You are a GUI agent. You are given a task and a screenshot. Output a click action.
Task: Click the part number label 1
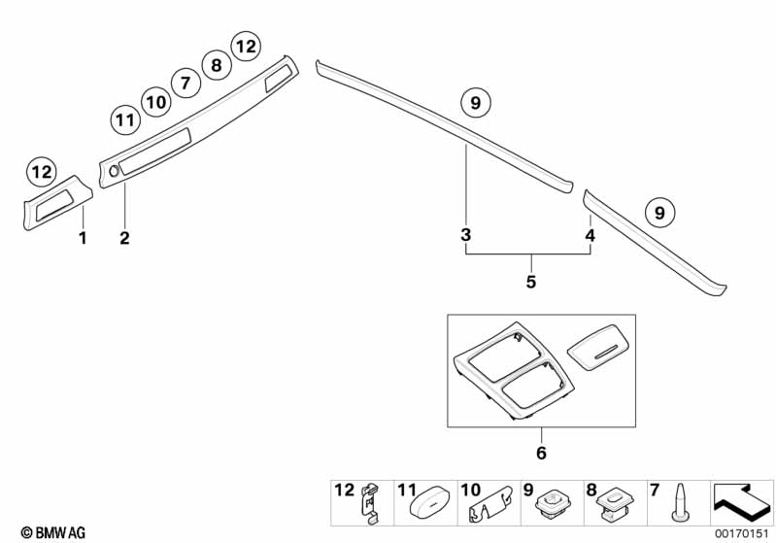pyautogui.click(x=83, y=238)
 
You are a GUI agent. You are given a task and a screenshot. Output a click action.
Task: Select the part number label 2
pyautogui.click(x=124, y=238)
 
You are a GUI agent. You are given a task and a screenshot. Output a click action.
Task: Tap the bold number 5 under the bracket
pyautogui.click(x=531, y=282)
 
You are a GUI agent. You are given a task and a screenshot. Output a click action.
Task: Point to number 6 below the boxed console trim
pyautogui.click(x=541, y=453)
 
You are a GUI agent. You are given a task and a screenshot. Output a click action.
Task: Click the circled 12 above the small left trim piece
pyautogui.click(x=42, y=172)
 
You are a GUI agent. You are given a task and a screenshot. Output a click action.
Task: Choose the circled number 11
pyautogui.click(x=125, y=120)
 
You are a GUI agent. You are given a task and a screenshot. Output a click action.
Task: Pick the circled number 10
pyautogui.click(x=156, y=102)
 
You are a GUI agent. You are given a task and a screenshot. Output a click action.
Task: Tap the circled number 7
pyautogui.click(x=186, y=83)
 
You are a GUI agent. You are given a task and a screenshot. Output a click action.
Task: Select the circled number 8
pyautogui.click(x=217, y=65)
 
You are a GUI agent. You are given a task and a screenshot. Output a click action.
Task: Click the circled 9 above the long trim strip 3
pyautogui.click(x=475, y=103)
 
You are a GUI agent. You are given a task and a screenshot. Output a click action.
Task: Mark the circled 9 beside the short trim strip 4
pyautogui.click(x=659, y=213)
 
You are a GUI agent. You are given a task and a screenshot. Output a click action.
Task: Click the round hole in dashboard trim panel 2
pyautogui.click(x=114, y=171)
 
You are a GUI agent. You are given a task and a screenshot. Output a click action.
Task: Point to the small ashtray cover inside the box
pyautogui.click(x=598, y=347)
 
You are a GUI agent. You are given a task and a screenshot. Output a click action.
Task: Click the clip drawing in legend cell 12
pyautogui.click(x=371, y=503)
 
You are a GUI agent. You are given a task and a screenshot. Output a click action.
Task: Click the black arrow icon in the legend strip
pyautogui.click(x=741, y=502)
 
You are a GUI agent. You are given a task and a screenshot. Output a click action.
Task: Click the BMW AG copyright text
pyautogui.click(x=53, y=532)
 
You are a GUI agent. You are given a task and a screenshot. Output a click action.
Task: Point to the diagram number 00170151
pyautogui.click(x=742, y=533)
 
